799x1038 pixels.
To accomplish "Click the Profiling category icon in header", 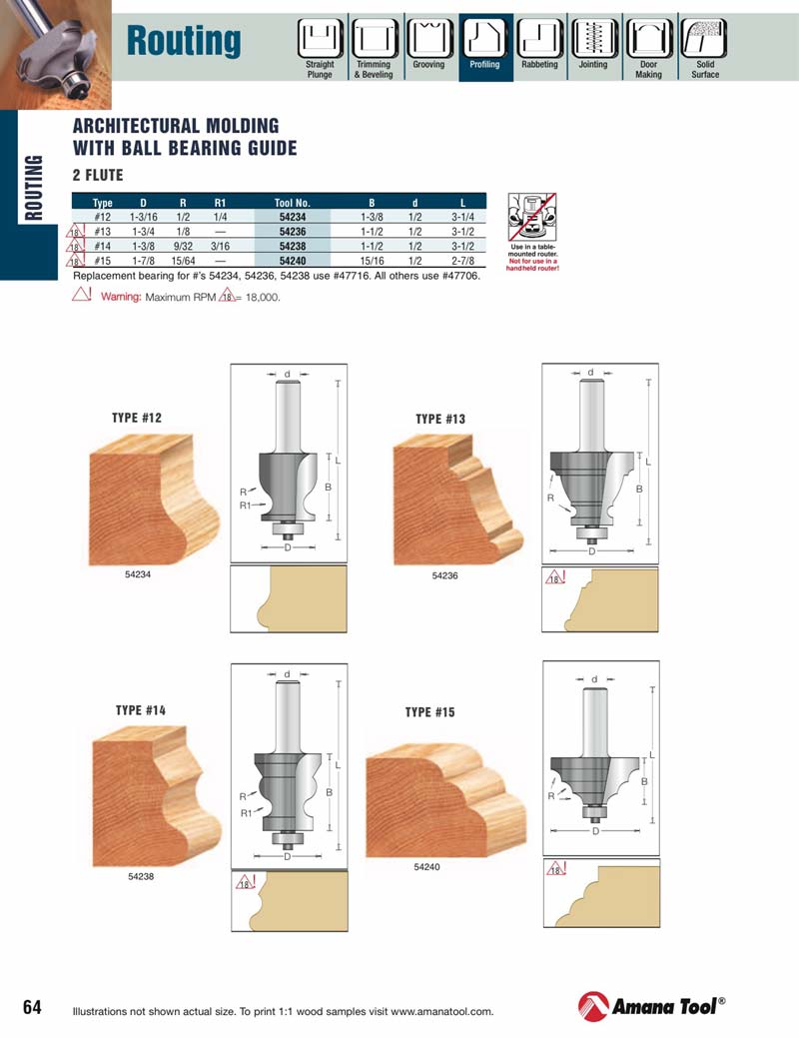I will click(485, 39).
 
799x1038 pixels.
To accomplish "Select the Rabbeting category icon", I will click(539, 39).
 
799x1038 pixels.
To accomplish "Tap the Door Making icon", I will click(648, 39).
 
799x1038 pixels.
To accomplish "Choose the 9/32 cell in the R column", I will click(183, 245).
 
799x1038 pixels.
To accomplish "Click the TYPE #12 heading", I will click(136, 418).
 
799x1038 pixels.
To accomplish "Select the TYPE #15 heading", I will click(429, 712).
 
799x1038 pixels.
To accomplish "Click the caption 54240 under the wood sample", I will click(426, 867).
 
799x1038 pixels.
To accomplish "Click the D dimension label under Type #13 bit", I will click(591, 551).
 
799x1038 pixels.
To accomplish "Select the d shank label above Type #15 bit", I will click(594, 679).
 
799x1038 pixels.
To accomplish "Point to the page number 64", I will click(32, 1006).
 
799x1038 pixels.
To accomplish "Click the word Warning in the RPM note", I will click(121, 297).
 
